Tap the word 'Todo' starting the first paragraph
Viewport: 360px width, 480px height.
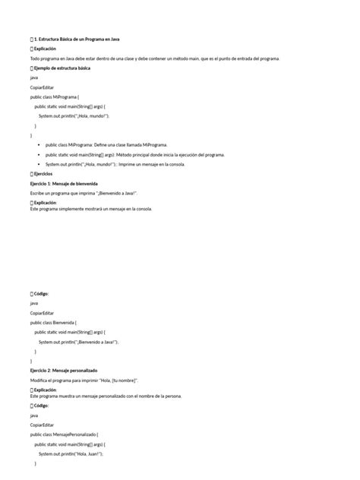[36, 58]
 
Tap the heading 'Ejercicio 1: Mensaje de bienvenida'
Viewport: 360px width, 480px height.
[64, 184]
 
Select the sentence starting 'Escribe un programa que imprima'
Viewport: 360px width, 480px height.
[83, 194]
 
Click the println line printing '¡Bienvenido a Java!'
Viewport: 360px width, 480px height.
[79, 342]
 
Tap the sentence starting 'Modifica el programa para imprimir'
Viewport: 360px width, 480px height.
[84, 379]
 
